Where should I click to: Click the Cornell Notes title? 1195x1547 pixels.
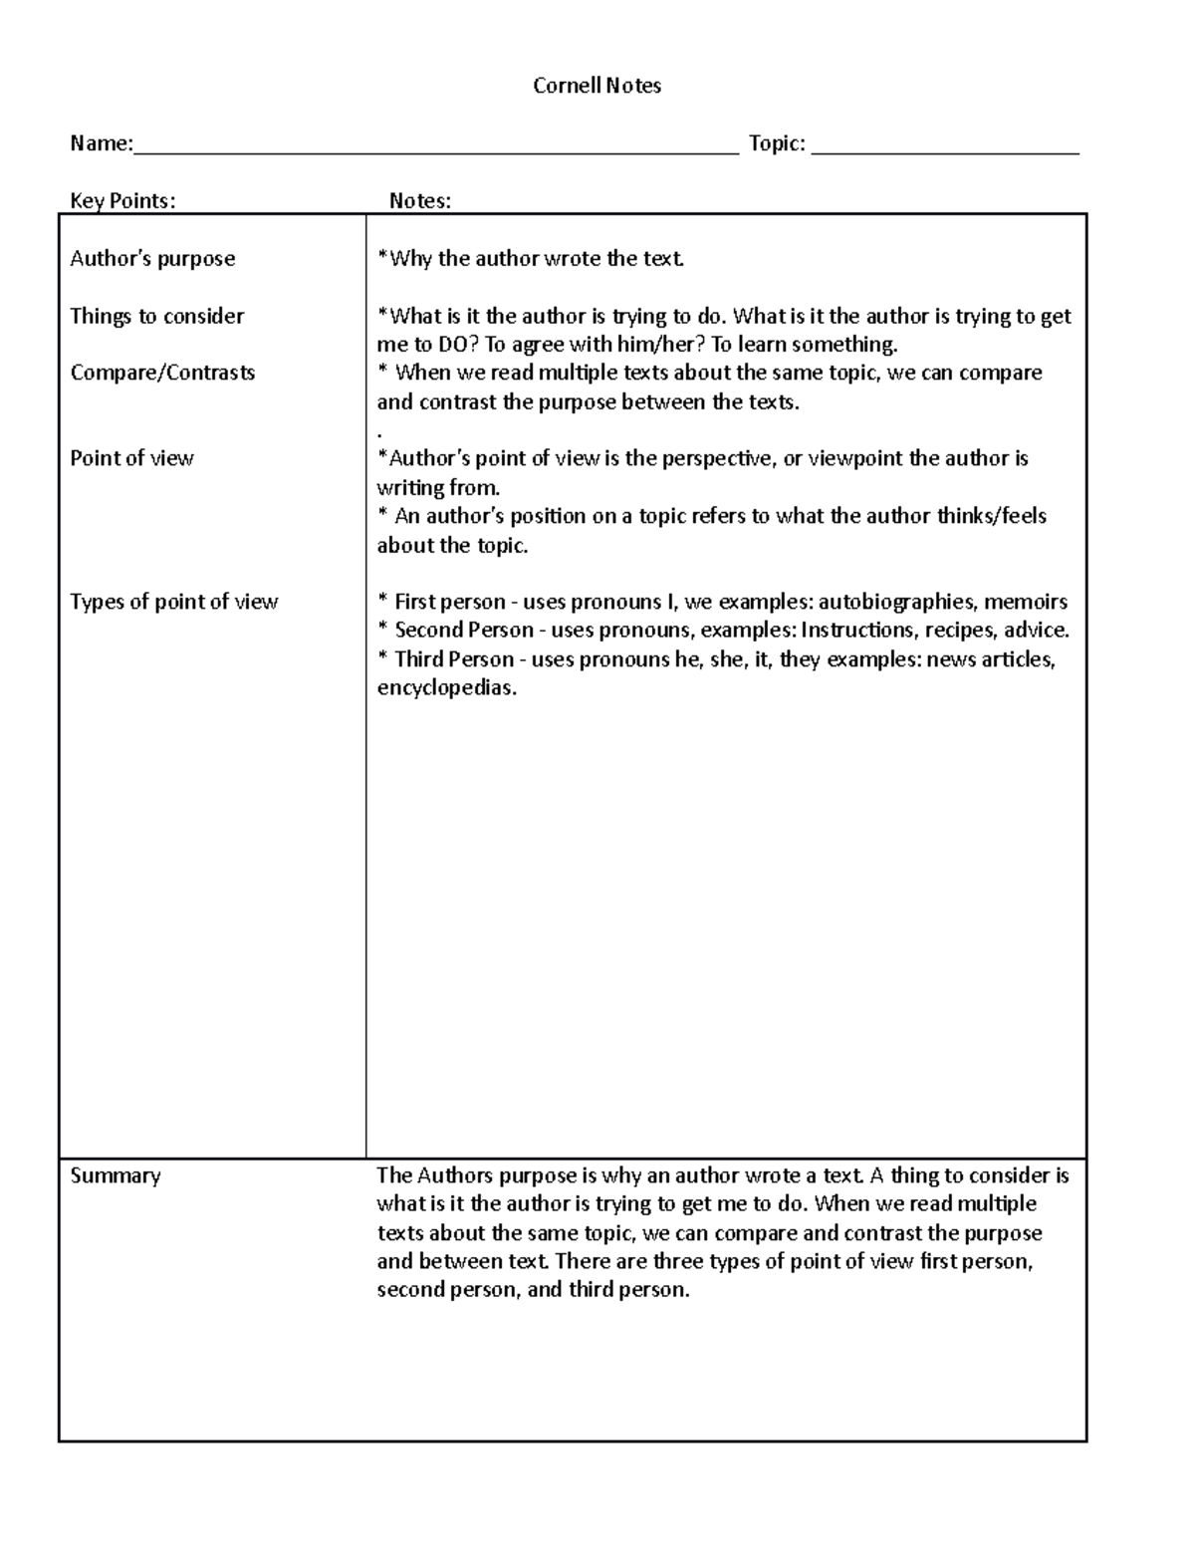[x=597, y=86]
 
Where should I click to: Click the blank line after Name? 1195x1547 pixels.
[x=435, y=151]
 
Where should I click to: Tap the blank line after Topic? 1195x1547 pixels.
[x=945, y=151]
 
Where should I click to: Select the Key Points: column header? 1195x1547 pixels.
[x=122, y=201]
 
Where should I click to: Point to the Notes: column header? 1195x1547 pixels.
[x=419, y=201]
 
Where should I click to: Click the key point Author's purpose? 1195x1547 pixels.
[x=152, y=259]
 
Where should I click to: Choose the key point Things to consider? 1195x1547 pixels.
[x=156, y=317]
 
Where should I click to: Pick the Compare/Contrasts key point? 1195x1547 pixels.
[x=162, y=373]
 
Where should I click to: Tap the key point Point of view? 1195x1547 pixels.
[x=131, y=459]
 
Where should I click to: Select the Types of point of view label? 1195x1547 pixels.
[x=173, y=602]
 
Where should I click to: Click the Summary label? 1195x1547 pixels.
[x=116, y=1176]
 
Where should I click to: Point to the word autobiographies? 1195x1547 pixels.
[x=896, y=602]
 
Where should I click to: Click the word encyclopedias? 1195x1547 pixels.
[x=447, y=688]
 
